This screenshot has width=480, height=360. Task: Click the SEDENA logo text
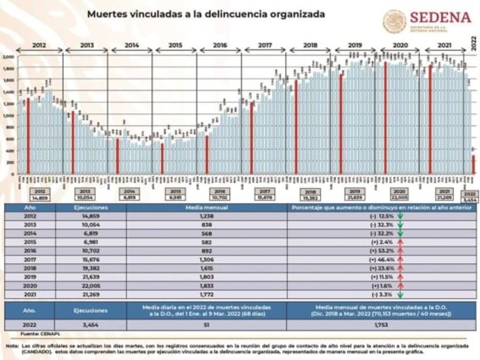[441, 17]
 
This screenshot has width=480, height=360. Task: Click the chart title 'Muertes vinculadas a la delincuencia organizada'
[206, 13]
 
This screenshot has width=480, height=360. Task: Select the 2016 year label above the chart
[220, 45]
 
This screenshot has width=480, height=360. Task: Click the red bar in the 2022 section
[473, 164]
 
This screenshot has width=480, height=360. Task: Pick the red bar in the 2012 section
[28, 136]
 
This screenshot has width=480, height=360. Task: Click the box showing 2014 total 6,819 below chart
[130, 195]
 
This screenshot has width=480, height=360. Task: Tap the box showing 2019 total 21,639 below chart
[353, 195]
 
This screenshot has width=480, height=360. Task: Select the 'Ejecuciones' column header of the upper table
[91, 207]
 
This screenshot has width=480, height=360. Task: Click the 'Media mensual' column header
[206, 207]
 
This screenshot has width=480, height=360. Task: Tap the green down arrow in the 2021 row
[400, 296]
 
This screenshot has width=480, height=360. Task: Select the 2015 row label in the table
[31, 243]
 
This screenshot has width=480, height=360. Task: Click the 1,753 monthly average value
[381, 325]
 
